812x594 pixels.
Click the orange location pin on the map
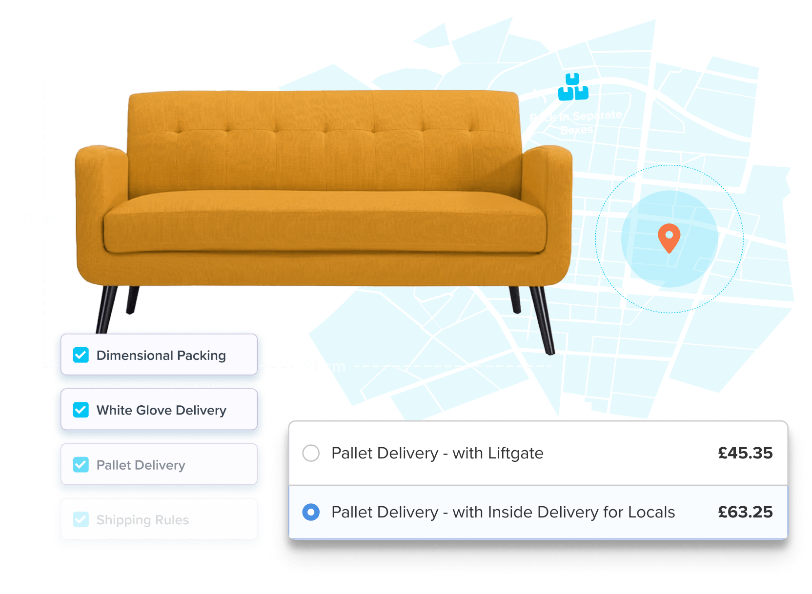point(669,236)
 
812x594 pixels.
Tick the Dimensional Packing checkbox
point(81,355)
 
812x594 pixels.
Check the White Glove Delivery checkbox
point(81,410)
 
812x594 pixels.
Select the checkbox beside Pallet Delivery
point(81,465)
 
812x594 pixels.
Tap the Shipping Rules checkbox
point(81,519)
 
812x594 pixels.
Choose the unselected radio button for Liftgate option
point(311,453)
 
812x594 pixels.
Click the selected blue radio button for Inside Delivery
point(311,512)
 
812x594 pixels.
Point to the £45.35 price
point(745,453)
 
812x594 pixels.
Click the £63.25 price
point(745,512)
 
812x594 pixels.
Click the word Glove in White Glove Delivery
point(154,410)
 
